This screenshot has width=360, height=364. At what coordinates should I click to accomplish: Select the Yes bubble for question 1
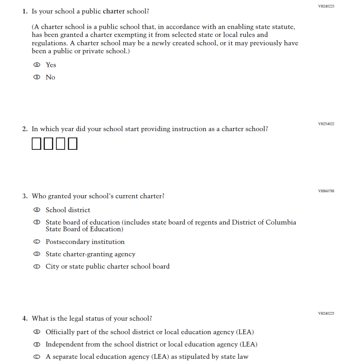pos(37,65)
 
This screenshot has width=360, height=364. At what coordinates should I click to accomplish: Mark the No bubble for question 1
pos(37,77)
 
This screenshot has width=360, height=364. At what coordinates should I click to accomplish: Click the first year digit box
pos(37,143)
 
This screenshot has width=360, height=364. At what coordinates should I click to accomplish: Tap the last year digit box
pos(72,143)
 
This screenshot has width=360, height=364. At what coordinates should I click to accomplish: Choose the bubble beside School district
pos(37,210)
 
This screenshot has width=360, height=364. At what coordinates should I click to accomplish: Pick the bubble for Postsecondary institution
pos(37,242)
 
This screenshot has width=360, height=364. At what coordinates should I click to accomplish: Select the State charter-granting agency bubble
pos(37,254)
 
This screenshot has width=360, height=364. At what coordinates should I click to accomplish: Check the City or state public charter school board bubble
pos(37,266)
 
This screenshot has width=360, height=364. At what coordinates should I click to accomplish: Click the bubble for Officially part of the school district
pos(37,332)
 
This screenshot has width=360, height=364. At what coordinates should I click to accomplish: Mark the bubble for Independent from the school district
pos(37,344)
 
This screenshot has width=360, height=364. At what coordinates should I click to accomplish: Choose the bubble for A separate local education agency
pos(37,356)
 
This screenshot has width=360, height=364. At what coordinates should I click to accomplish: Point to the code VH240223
pos(326,6)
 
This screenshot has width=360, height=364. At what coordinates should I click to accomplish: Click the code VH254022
pos(326,124)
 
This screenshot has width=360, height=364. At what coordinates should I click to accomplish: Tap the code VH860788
pos(326,191)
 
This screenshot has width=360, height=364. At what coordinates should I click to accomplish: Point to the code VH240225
pos(326,314)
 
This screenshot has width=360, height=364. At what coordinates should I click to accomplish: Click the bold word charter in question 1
pos(114,11)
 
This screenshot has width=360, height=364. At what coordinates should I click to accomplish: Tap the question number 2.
pos(25,129)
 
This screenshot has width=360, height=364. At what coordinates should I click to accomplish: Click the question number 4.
pos(25,319)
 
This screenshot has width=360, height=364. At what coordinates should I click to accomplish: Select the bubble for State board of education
pos(37,223)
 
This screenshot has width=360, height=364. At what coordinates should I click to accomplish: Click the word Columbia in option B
pos(281,223)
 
